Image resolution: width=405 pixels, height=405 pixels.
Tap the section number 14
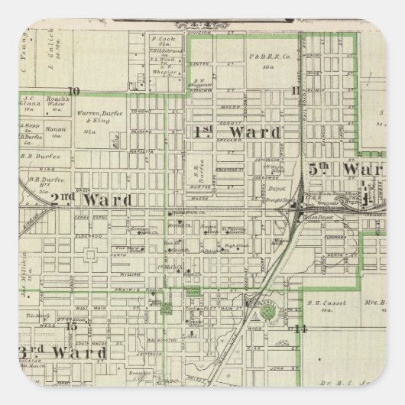point(300,329)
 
